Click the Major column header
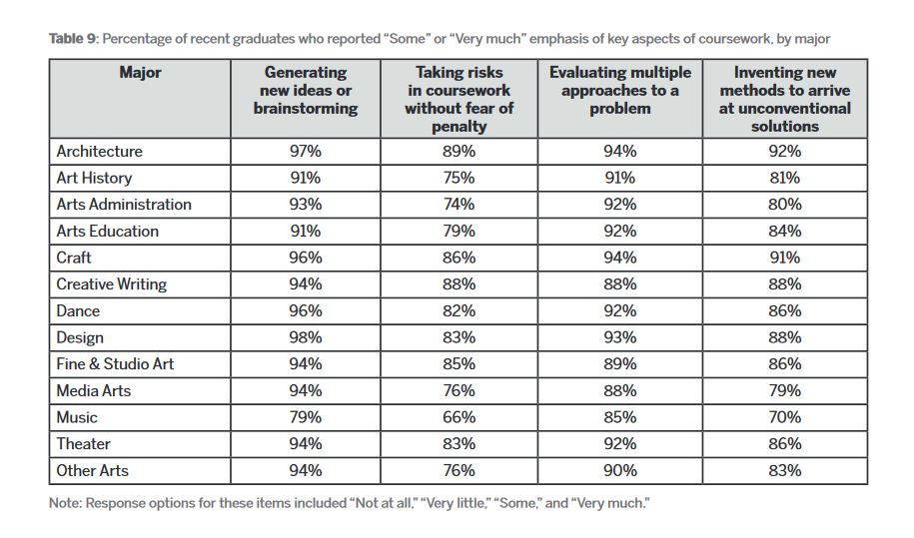pos(140,72)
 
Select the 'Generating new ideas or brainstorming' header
pos(306,90)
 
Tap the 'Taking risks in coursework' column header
pos(458,99)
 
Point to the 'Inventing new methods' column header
pos(784,99)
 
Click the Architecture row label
pos(99,152)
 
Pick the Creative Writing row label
pos(111,284)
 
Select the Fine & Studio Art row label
pos(115,364)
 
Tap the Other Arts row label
pos(92,470)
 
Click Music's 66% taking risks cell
pos(458,417)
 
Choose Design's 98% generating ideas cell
pos(306,337)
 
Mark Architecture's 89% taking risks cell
pos(458,152)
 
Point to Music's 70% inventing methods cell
pos(784,417)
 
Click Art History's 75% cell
pos(458,178)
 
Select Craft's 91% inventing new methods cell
pos(784,258)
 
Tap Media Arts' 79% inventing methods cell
pos(784,390)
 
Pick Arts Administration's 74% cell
pos(458,205)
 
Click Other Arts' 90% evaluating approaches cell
pos(619,470)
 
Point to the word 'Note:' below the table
pos(65,503)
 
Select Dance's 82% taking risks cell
pos(458,311)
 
